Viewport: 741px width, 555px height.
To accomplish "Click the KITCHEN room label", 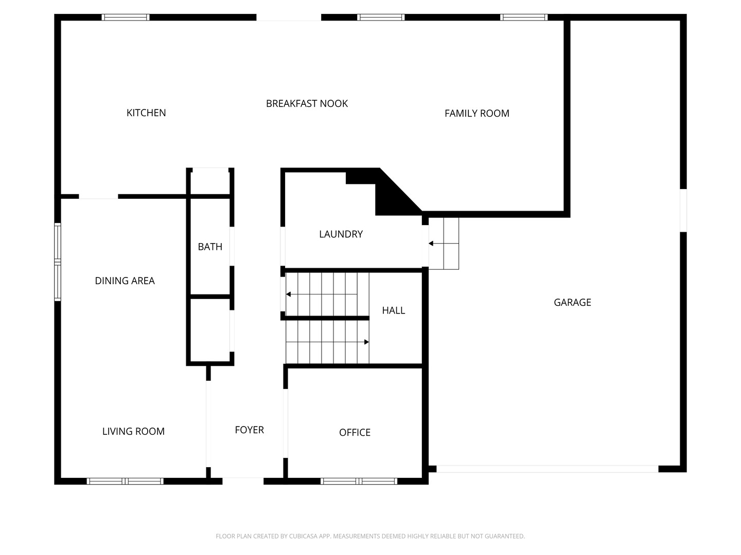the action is (146, 113).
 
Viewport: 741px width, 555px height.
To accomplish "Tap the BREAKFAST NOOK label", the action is (307, 103).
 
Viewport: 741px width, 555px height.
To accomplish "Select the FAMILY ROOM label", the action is (477, 113).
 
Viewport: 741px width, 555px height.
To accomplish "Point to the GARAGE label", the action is (572, 302).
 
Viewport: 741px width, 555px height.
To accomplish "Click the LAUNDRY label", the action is (341, 234).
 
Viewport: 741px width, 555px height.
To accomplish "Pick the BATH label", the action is (210, 247).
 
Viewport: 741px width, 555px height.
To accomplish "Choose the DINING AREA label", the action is (125, 281).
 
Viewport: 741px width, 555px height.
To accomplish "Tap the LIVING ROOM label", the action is (133, 431).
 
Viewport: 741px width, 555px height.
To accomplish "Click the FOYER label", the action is (249, 430).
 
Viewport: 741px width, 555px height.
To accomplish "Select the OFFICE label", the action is (355, 432).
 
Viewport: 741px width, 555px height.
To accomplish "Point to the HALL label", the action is (393, 310).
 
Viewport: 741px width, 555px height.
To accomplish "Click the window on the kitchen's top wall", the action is (125, 17).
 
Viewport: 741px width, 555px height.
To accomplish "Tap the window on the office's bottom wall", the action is (359, 481).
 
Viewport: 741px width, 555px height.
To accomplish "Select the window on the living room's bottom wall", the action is (125, 481).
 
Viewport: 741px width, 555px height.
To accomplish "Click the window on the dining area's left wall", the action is (58, 262).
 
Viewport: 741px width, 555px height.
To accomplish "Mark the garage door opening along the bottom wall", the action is (547, 469).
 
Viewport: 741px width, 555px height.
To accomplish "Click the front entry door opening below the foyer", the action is (243, 481).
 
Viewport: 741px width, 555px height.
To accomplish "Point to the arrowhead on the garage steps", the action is (431, 243).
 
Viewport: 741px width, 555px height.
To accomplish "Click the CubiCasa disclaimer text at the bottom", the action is (370, 536).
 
